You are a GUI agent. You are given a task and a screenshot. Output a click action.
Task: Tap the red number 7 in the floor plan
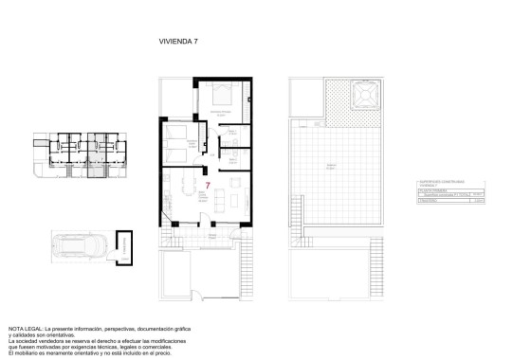point(208,186)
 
